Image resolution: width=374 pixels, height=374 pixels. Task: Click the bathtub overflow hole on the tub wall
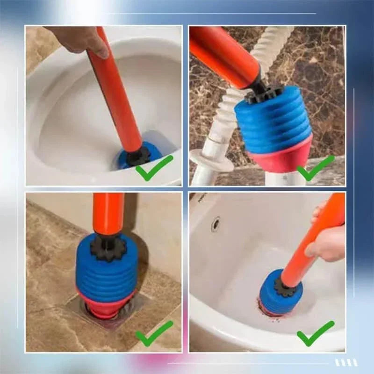[216, 224]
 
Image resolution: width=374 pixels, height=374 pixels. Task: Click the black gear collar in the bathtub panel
[286, 286]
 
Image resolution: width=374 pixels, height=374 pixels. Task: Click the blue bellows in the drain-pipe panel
[273, 122]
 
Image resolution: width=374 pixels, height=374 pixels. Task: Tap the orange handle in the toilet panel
[117, 93]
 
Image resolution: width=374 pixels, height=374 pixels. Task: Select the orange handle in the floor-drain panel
[108, 213]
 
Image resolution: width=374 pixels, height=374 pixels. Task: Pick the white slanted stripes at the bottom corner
[346, 362]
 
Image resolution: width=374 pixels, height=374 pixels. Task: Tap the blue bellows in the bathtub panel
[271, 297]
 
